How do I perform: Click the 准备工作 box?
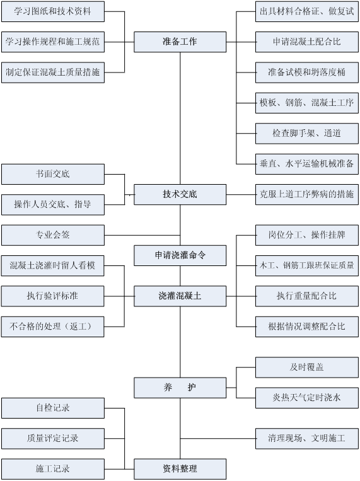point(180,42)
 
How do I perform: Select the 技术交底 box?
point(180,195)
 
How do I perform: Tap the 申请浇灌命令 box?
point(180,255)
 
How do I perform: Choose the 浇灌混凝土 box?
point(180,296)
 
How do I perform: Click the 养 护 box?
point(180,388)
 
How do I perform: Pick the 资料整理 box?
point(180,469)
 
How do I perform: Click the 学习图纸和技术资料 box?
point(53,11)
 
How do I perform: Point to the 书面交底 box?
point(53,174)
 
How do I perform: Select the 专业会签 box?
point(53,235)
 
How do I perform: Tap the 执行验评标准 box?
point(52,296)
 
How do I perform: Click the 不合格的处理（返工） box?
point(52,327)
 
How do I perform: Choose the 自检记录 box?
point(53,408)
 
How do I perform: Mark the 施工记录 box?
point(53,469)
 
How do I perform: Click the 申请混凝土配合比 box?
point(307,42)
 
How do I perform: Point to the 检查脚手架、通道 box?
point(307,134)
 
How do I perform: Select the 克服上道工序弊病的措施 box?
point(307,195)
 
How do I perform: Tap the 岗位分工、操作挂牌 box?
point(307,235)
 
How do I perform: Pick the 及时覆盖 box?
point(307,367)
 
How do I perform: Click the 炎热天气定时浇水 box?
point(307,398)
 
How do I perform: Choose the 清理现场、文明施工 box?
point(307,439)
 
